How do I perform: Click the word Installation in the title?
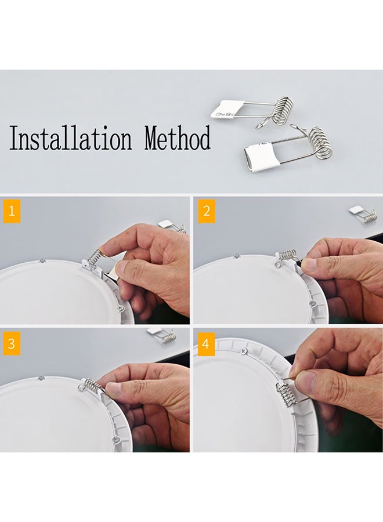[70, 140]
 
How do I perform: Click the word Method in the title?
[178, 139]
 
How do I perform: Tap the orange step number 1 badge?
[11, 211]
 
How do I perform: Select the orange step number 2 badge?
[206, 211]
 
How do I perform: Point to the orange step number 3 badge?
[11, 343]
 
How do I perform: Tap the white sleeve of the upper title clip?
[223, 108]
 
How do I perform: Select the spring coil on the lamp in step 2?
[287, 255]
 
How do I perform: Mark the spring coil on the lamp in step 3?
[91, 385]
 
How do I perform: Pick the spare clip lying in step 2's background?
[363, 213]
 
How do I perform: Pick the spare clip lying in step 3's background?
[162, 335]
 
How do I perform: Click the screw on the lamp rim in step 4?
[245, 351]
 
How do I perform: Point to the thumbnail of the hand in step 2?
[309, 266]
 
